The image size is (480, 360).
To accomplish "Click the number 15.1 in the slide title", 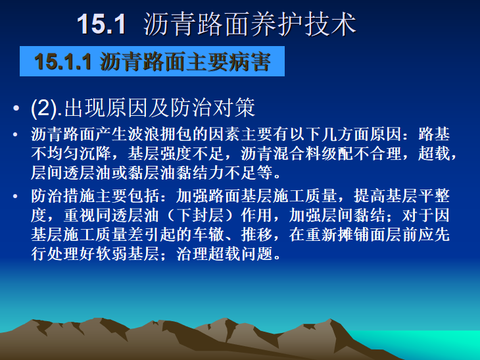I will pyautogui.click(x=101, y=24).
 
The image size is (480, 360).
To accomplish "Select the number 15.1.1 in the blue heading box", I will pyautogui.click(x=64, y=63).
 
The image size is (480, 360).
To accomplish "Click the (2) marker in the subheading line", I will pyautogui.click(x=47, y=107).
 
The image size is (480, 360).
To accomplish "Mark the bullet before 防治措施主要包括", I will pyautogui.click(x=15, y=196).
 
